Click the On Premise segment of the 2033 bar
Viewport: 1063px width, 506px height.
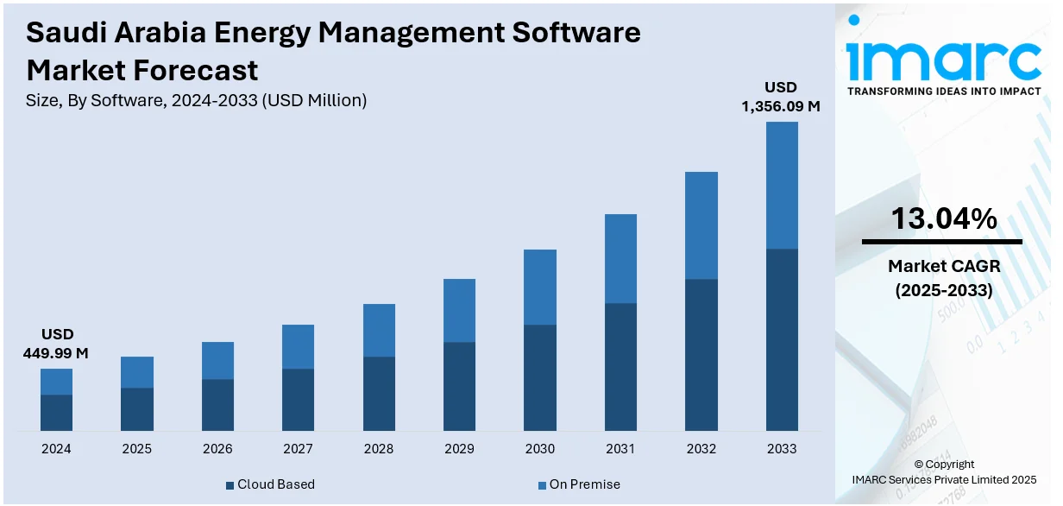click(782, 185)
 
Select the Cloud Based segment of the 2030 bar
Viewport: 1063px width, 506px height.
click(540, 377)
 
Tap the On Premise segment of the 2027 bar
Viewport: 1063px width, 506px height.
click(298, 346)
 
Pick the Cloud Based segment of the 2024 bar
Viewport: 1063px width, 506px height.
click(56, 413)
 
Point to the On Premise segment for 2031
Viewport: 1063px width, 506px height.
click(620, 258)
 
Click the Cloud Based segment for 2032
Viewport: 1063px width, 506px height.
click(701, 355)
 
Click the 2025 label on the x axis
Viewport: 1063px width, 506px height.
click(136, 449)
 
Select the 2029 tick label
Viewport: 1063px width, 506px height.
click(459, 449)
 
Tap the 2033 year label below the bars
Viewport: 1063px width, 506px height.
click(782, 449)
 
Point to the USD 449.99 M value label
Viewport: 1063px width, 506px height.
click(57, 344)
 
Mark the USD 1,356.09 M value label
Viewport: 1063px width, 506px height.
click(781, 97)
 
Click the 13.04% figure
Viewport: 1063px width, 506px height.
click(943, 218)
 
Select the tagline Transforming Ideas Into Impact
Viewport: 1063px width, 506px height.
click(943, 91)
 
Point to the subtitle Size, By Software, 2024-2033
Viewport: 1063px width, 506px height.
click(197, 100)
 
